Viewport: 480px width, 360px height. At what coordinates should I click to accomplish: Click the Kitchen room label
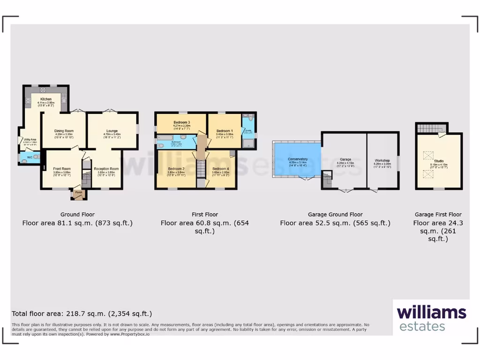tap(46, 99)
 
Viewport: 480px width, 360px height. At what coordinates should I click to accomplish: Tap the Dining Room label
tap(64, 131)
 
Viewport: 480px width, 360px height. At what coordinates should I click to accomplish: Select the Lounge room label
tap(112, 131)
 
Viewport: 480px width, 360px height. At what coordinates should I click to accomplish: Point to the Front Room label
tap(62, 169)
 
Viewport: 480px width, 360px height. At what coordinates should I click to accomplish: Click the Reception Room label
tap(106, 169)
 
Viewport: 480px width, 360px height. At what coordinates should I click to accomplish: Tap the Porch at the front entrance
tap(79, 193)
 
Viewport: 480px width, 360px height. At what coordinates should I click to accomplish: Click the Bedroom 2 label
tap(176, 169)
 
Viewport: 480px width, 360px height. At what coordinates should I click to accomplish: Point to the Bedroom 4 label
tap(221, 169)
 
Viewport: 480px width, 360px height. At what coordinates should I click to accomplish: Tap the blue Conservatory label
tap(298, 159)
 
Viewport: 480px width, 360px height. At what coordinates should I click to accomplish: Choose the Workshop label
tap(382, 160)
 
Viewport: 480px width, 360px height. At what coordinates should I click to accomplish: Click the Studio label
tap(438, 161)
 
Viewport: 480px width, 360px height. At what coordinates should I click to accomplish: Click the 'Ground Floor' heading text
tap(77, 215)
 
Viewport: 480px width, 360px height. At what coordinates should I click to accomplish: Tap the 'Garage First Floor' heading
tap(438, 215)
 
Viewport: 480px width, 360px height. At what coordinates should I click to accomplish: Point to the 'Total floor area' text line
tap(82, 314)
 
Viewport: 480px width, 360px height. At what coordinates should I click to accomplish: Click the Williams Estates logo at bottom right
tap(431, 318)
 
